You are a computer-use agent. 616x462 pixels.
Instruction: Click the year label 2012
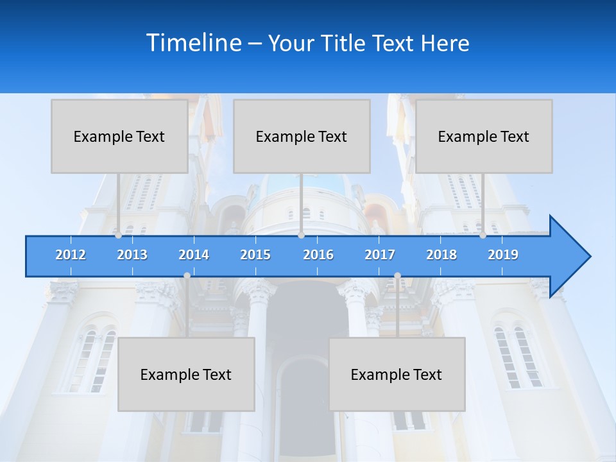pos(71,255)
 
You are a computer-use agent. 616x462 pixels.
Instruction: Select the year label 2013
pos(132,255)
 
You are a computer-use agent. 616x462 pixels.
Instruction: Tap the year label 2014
pos(194,255)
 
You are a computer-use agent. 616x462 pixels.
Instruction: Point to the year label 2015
pos(255,255)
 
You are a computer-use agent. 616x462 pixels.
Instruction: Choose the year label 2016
pos(318,255)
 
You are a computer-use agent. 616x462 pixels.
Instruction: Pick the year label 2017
pos(380,255)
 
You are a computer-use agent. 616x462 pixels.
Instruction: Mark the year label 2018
pos(441,255)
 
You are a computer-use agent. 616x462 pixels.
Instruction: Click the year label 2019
pos(503,255)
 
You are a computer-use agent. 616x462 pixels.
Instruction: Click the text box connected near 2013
pos(119,136)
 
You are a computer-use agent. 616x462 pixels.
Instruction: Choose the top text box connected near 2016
pos(302,136)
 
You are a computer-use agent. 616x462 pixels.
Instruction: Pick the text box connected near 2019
pos(484,136)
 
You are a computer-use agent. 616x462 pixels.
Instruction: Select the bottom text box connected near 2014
pos(186,374)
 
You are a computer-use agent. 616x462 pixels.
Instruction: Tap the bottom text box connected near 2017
pos(397,374)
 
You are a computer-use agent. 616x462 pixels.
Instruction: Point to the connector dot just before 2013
pos(118,235)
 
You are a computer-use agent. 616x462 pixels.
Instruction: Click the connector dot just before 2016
pos(301,235)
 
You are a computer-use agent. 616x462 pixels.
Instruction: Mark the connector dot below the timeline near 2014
pos(187,276)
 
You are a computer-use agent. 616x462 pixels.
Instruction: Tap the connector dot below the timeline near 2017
pos(397,276)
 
